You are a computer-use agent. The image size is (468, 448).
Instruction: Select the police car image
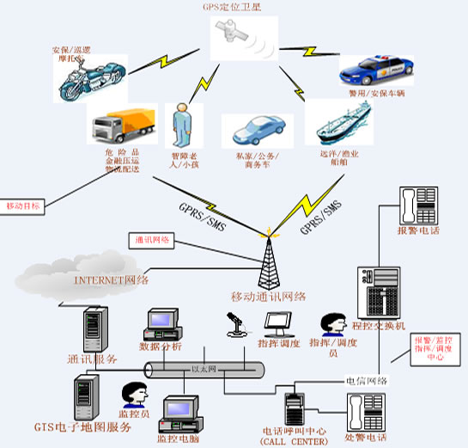pos(376,68)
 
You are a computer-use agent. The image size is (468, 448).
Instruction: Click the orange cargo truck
pos(124,126)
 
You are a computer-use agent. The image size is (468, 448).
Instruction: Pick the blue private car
pos(258,130)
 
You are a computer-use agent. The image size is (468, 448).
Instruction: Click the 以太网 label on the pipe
pos(201,369)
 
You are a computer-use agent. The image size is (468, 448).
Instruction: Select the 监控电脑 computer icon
pos(181,411)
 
